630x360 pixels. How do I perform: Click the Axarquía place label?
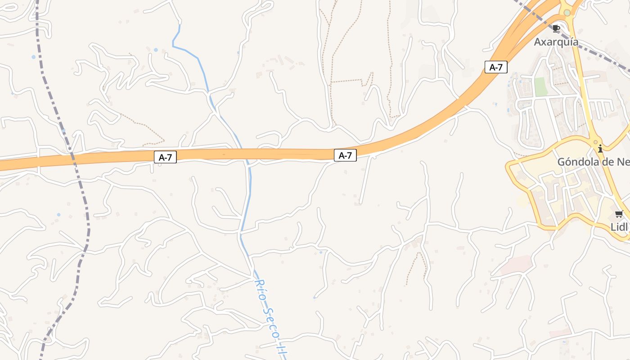(x=556, y=42)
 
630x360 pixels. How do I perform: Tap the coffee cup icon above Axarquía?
(x=556, y=28)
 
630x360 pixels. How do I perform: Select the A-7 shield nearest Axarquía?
(x=496, y=67)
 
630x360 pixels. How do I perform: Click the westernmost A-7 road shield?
(x=165, y=157)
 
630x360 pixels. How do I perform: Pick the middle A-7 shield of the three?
(x=345, y=156)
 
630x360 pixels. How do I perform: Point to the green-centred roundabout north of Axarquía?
(x=567, y=13)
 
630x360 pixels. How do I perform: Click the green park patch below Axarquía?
(x=540, y=86)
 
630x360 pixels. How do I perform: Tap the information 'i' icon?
(x=600, y=148)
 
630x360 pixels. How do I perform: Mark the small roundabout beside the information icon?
(x=595, y=142)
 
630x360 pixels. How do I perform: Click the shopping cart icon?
(x=619, y=214)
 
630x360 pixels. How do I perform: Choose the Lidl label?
(x=619, y=227)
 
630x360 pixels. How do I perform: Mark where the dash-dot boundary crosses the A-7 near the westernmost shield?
(x=72, y=157)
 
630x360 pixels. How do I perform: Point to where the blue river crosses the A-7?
(x=242, y=154)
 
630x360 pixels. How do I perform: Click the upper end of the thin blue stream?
(x=180, y=25)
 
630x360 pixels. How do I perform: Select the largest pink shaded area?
(x=516, y=264)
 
